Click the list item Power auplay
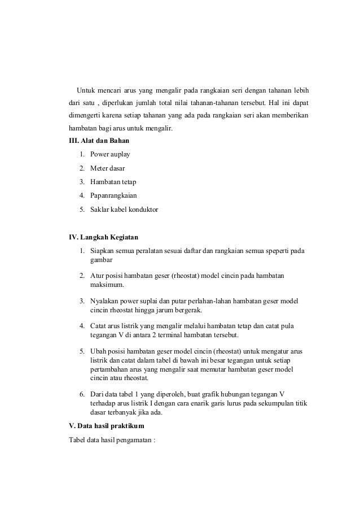coord(110,154)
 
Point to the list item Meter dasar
coord(108,168)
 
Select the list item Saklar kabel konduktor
coord(124,210)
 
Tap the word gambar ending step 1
coord(102,260)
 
